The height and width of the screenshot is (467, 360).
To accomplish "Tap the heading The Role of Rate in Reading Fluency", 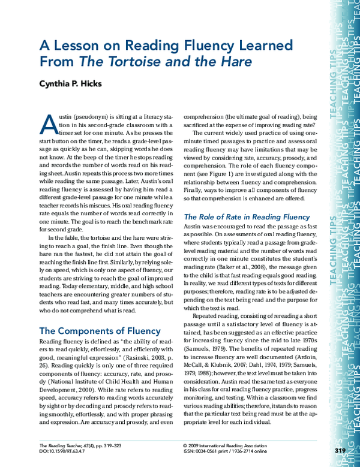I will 246,216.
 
